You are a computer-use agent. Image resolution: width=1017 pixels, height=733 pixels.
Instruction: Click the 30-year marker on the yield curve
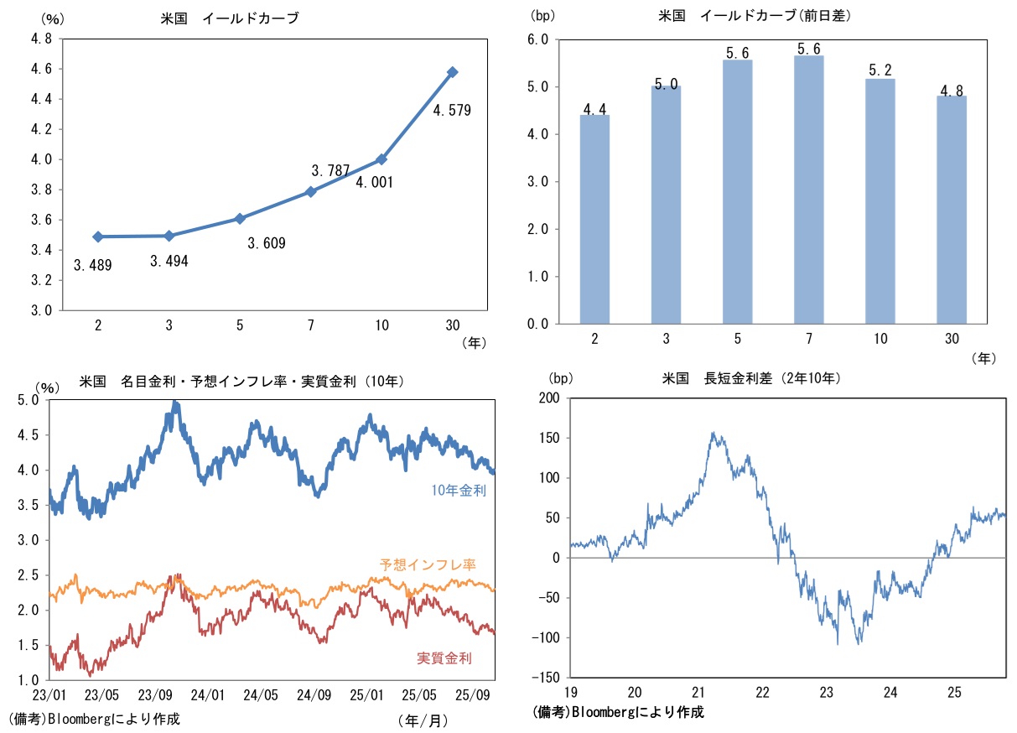point(453,72)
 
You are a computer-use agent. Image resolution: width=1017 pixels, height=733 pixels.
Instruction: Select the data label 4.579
point(453,109)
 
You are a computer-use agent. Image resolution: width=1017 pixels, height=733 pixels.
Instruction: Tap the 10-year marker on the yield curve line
point(381,159)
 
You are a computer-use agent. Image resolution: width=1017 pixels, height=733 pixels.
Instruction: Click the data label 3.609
point(267,244)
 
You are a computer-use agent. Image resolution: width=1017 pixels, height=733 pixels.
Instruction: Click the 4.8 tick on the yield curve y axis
point(40,39)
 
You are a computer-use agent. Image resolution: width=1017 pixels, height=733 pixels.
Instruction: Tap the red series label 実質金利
point(444,658)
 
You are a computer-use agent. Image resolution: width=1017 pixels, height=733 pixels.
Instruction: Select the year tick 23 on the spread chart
point(827,693)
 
